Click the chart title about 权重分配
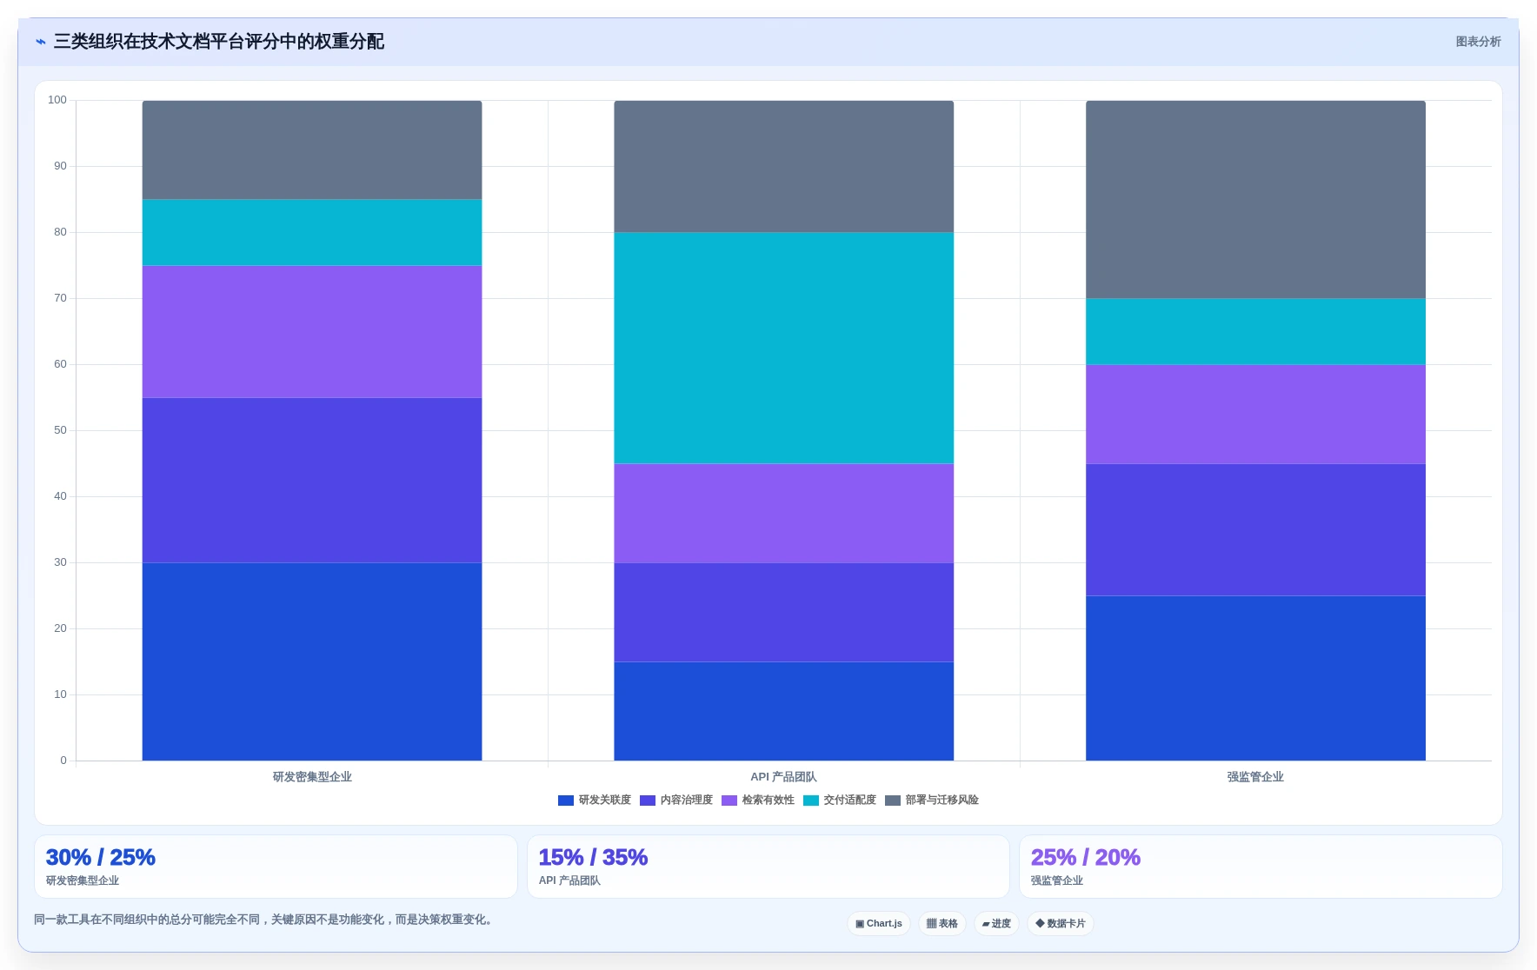coord(218,42)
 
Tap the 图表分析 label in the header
coord(1478,42)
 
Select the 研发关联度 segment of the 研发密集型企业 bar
coord(312,661)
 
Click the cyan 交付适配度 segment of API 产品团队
coord(783,348)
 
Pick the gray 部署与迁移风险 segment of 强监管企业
coord(1255,199)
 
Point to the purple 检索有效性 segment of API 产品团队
coord(783,513)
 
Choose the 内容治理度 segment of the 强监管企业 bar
coord(1255,529)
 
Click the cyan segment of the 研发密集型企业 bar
coord(312,232)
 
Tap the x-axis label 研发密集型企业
coord(312,777)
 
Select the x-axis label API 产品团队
coord(783,777)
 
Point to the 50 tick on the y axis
coord(60,430)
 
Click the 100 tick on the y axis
coord(57,100)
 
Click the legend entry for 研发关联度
coord(595,800)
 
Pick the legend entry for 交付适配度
coord(840,800)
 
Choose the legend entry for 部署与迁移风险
coord(932,800)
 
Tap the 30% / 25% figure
coord(100,857)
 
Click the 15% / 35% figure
coord(593,857)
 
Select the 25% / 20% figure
coord(1085,857)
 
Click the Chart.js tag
coord(879,923)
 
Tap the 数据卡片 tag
coord(1061,923)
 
